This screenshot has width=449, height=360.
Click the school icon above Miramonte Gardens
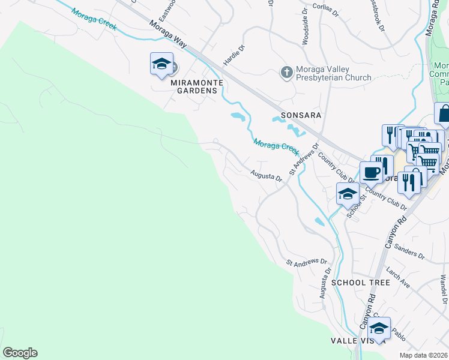point(161,64)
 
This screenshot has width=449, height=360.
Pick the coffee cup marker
point(371,172)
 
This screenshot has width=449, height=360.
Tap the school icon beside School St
point(348,194)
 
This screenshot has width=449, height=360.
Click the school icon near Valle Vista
point(379,328)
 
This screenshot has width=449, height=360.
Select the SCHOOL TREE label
point(360,282)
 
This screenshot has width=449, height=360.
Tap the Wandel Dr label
point(444,290)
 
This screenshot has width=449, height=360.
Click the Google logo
point(20,353)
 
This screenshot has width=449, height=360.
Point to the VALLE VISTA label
point(354,341)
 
